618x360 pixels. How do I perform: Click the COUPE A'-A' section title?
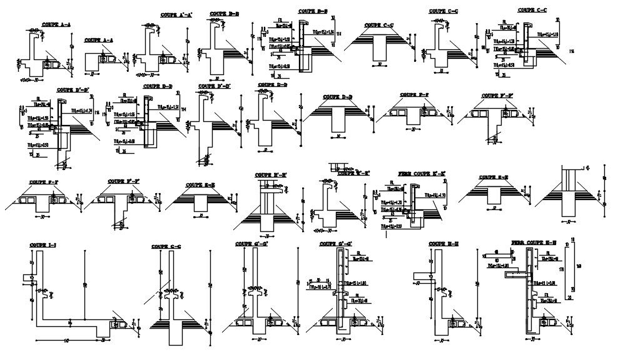pos(176,14)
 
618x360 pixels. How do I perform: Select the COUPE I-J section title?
pos(42,245)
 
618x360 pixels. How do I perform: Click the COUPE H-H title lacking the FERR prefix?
pos(445,244)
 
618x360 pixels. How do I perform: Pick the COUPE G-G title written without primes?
pos(166,247)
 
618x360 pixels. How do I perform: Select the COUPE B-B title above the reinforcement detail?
pos(313,11)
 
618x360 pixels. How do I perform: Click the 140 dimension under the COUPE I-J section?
pos(65,341)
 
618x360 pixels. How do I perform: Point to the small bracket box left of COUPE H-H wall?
pos(422,275)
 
